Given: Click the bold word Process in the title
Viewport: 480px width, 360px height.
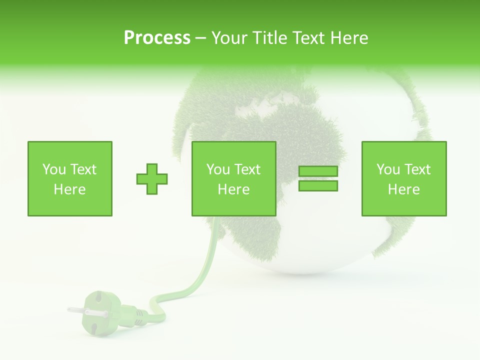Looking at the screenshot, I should (x=157, y=38).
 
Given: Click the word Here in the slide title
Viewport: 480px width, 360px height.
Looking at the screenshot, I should (x=348, y=38).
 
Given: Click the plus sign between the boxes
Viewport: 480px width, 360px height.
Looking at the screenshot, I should (x=152, y=178).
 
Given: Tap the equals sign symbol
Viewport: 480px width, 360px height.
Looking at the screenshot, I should (x=318, y=178).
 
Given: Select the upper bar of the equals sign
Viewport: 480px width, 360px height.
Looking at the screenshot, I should (x=318, y=171).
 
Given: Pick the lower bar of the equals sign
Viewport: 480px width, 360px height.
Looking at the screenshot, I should (x=318, y=185).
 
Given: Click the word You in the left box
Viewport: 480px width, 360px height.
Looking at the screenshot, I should (x=53, y=169).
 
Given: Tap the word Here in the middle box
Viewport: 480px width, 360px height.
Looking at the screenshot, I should (x=233, y=189).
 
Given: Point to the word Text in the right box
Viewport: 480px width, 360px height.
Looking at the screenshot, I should (x=417, y=169).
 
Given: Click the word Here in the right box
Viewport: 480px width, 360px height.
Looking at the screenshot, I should (x=403, y=189).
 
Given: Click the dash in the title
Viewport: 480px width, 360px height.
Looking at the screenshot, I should (x=200, y=38).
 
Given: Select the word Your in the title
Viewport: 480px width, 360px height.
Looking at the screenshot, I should (x=227, y=38).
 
